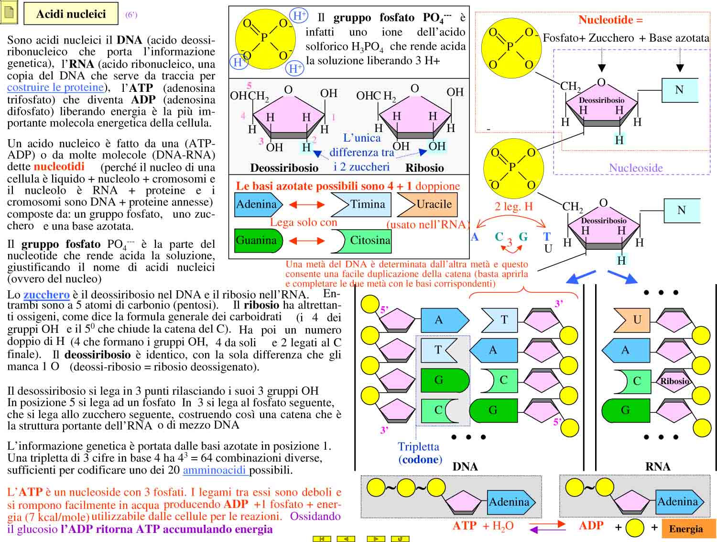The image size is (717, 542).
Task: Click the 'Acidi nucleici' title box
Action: point(71,14)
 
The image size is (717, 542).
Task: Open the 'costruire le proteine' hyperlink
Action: point(55,88)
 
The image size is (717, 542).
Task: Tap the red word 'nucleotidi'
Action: point(59,166)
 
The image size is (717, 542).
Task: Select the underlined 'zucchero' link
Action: point(46,295)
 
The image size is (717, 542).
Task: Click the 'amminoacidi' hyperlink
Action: point(215,470)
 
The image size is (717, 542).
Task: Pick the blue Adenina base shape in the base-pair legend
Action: point(257,204)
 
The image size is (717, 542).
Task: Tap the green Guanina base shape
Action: point(257,240)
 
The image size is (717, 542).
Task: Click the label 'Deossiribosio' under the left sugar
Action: point(284,168)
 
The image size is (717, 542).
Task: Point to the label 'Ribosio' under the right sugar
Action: point(424,168)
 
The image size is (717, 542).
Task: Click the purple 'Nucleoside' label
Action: point(636,168)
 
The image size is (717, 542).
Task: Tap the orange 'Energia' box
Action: point(685,529)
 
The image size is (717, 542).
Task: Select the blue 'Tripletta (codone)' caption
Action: point(420,453)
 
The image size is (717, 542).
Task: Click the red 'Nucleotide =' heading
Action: point(610,20)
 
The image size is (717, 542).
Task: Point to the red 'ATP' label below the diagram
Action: point(465,526)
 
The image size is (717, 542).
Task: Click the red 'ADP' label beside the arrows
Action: point(591,526)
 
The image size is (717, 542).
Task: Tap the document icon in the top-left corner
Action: point(9,13)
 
